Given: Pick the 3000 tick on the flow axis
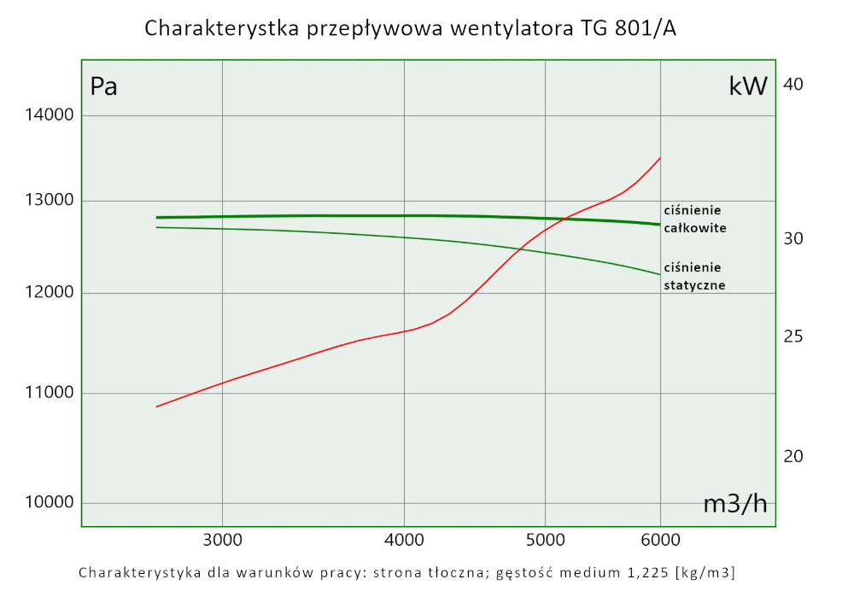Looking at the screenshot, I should (222, 540).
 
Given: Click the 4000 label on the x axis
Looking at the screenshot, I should (404, 540).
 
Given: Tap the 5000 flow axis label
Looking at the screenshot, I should (545, 540).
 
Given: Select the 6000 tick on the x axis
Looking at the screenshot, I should (660, 540).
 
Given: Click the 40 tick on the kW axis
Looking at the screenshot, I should (793, 85).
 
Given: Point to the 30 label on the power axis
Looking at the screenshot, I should (793, 238).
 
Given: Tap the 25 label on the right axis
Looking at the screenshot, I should (793, 337).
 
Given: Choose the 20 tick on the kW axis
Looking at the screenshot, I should (793, 456).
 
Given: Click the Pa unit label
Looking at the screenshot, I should (104, 87).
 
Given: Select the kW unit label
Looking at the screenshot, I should (748, 86).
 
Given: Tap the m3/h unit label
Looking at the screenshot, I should (734, 504).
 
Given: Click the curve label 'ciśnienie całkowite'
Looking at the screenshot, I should (693, 220).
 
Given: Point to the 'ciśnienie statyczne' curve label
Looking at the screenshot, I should (694, 276).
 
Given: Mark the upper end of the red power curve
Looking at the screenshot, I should (660, 158).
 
